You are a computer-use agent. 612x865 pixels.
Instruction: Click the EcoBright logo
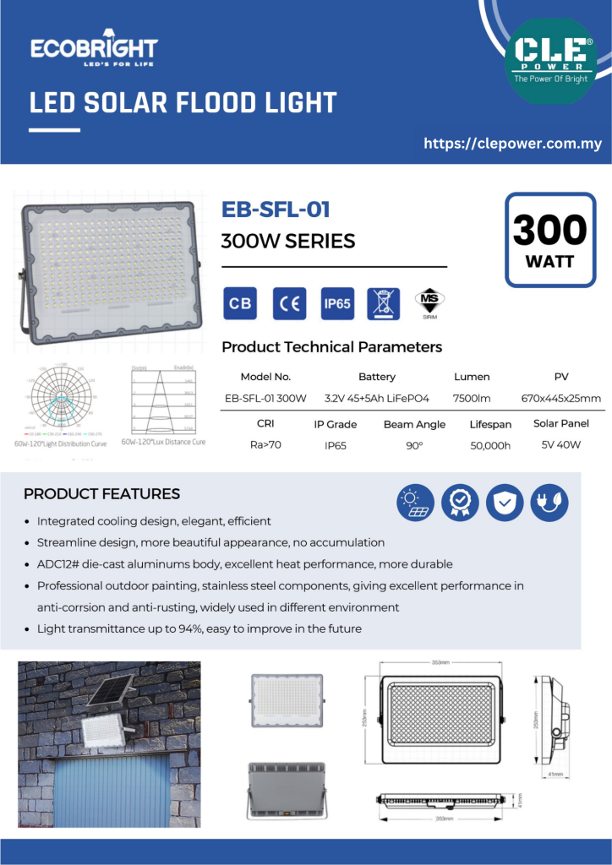(94, 51)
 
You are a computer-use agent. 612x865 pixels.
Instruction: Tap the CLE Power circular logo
(550, 61)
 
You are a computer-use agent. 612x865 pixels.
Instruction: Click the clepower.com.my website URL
(512, 144)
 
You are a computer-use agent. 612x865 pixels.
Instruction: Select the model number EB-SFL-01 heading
(275, 209)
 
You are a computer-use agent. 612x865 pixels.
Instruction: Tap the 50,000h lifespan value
(490, 445)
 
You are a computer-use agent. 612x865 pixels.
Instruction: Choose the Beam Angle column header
(414, 425)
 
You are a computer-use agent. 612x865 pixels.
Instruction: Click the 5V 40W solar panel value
(561, 444)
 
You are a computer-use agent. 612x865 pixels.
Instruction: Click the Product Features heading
(101, 494)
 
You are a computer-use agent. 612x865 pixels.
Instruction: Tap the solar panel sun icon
(416, 503)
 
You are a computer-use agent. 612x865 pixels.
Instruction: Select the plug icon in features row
(549, 503)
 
